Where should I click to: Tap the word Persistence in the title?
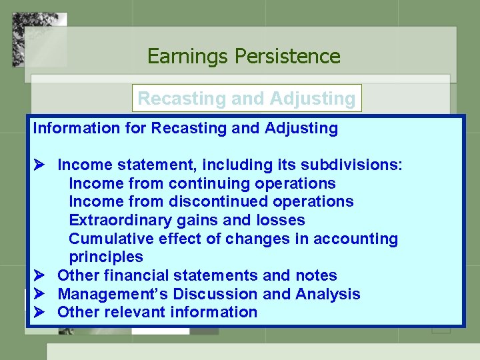tap(287, 57)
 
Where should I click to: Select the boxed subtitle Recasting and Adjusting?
tap(246, 99)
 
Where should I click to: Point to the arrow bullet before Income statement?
tap(39, 165)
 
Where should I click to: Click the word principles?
tap(106, 257)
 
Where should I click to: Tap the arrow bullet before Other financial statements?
tap(39, 275)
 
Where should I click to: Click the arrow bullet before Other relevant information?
tap(39, 312)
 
